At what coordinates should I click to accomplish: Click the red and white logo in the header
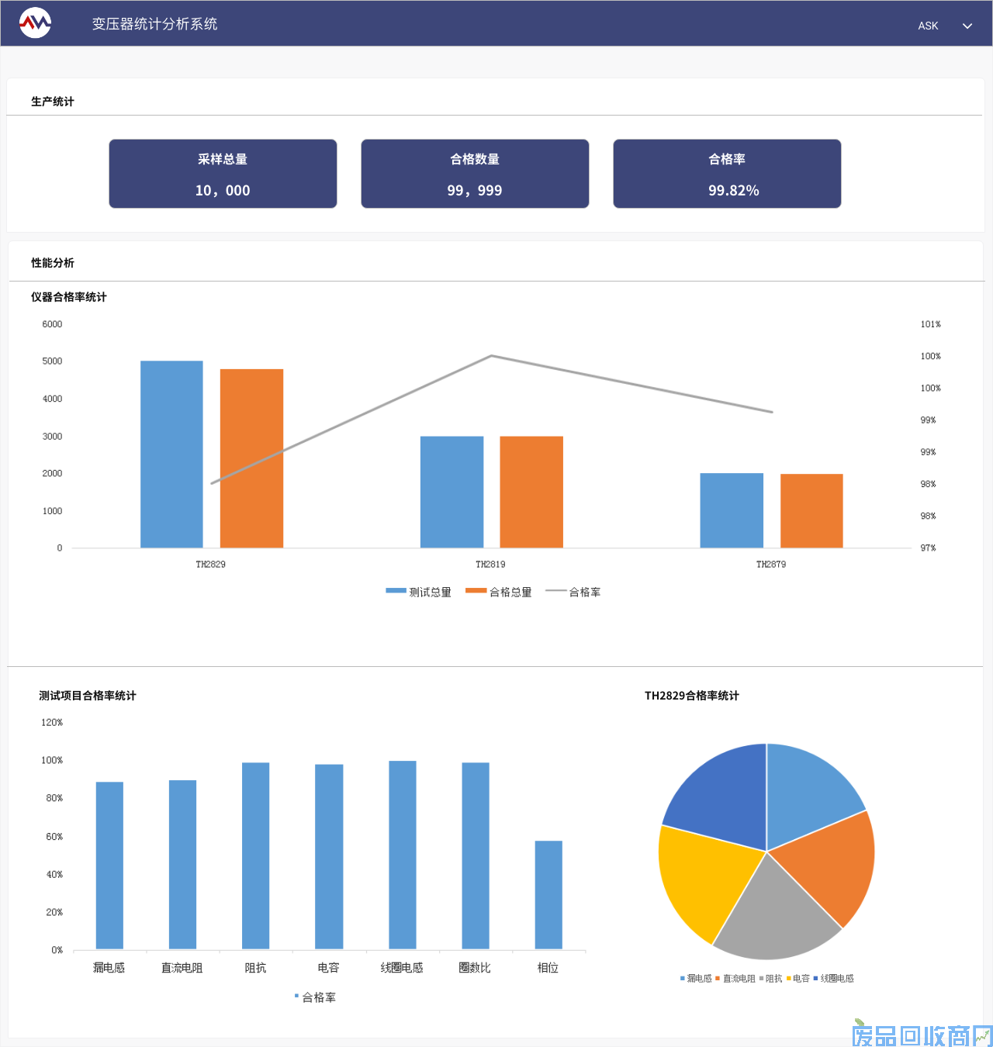[x=35, y=23]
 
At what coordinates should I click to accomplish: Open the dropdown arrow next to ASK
[x=967, y=26]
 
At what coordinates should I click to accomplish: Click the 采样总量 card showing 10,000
[x=223, y=174]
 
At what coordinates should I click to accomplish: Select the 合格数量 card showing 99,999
[x=475, y=174]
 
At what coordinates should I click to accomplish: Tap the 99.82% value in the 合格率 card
[x=733, y=191]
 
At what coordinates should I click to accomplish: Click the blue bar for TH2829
[x=171, y=454]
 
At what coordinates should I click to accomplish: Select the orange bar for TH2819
[x=531, y=492]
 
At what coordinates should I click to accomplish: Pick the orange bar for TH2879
[x=811, y=510]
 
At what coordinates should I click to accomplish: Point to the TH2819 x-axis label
[x=490, y=565]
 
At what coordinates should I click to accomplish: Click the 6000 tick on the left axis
[x=52, y=324]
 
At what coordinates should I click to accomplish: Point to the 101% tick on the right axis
[x=930, y=324]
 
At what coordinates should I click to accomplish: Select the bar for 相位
[x=548, y=894]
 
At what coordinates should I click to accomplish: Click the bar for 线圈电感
[x=402, y=854]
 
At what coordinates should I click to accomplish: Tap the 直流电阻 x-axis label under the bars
[x=182, y=968]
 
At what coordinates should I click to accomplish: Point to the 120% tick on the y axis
[x=52, y=722]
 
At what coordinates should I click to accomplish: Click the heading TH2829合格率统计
[x=691, y=696]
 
